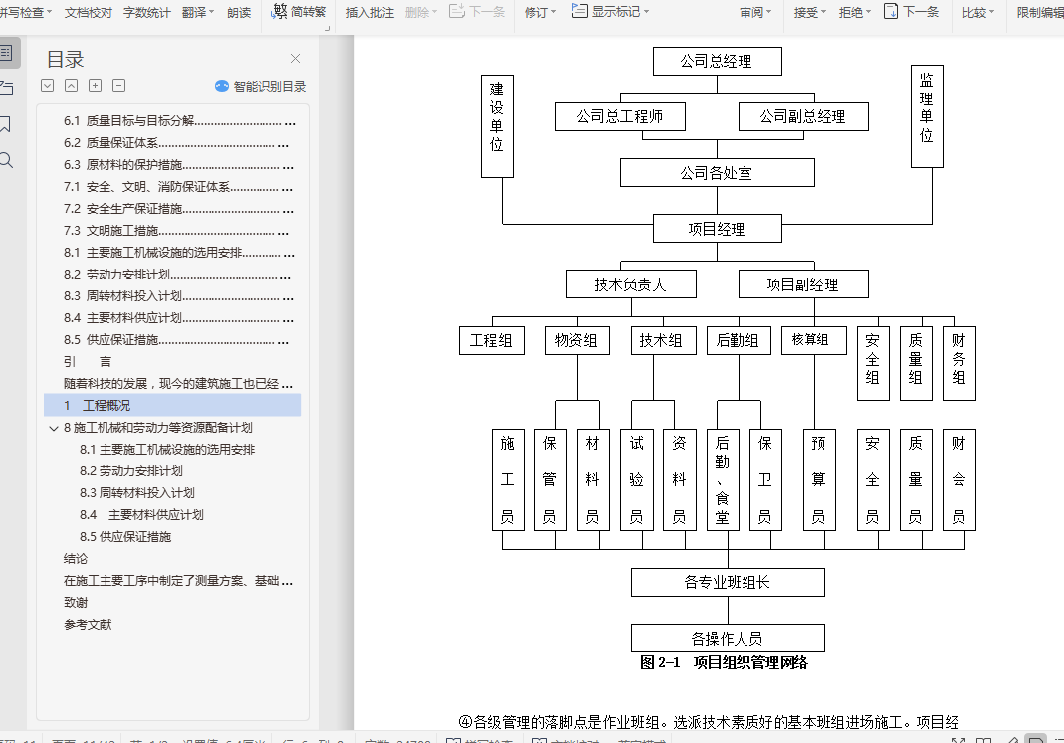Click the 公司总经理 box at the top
pos(717,62)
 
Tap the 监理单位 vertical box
pos(927,115)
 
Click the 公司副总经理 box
pos(802,117)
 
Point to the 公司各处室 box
pos(717,173)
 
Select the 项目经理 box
pos(717,229)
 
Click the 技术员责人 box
pos(631,284)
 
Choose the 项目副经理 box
pos(802,284)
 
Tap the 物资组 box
pos(577,340)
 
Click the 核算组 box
pos(811,340)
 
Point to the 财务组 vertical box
pos(958,362)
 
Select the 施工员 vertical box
pos(508,479)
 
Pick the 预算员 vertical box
pos(819,479)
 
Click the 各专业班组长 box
pos(728,582)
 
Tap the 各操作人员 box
pos(728,638)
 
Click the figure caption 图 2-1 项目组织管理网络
pos(724,663)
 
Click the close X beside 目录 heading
pos(295,59)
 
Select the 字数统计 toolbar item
pos(147,13)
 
